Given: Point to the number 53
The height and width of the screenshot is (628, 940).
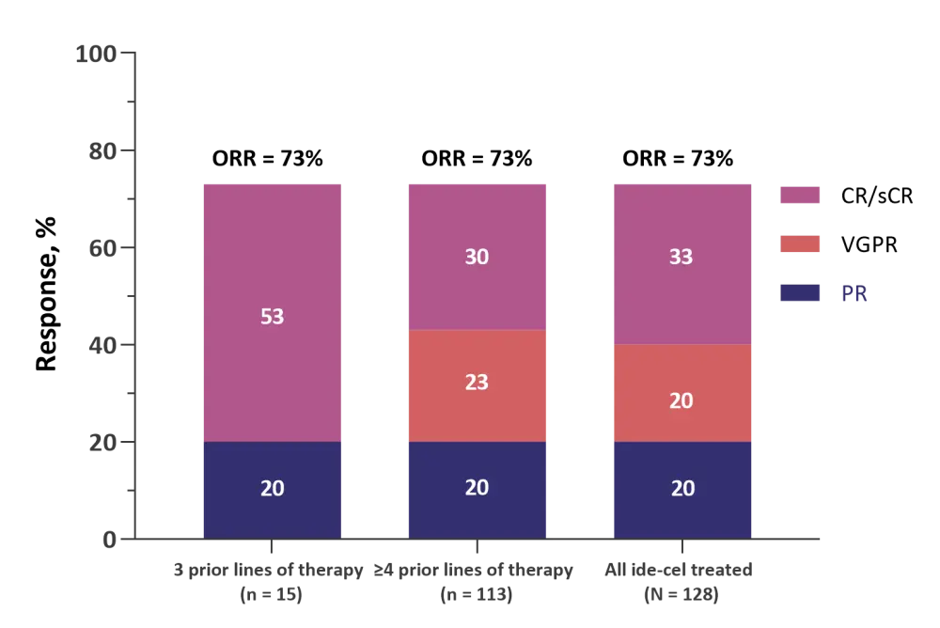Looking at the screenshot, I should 273,317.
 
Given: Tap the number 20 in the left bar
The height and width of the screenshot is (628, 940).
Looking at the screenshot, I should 273,489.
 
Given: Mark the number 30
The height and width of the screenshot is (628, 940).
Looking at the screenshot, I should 477,257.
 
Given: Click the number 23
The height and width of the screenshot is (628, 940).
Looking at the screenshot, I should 477,383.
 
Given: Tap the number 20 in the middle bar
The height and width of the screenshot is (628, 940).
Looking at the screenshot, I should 477,488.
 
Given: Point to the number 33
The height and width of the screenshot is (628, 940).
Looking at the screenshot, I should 681,257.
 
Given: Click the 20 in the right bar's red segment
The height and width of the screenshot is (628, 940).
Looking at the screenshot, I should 681,400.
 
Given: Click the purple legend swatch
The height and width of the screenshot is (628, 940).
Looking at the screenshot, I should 800,196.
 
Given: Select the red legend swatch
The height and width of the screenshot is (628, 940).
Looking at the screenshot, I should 800,244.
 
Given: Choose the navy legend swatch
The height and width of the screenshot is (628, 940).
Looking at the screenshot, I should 800,294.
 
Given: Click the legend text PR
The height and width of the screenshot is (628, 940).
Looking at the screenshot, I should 856,295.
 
